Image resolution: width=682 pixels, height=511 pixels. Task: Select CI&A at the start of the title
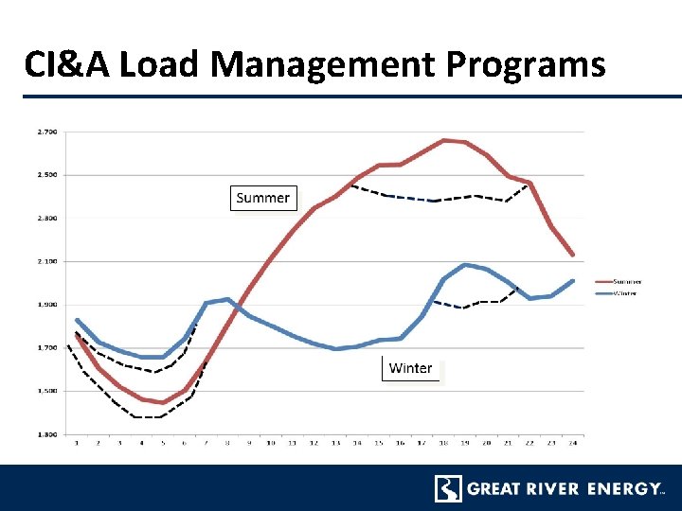[x=68, y=64]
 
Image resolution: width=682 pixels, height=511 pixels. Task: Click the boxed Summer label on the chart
[x=263, y=198]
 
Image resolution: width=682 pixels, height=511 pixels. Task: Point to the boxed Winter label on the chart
[x=411, y=368]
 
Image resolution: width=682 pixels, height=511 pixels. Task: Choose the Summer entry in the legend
[x=626, y=281]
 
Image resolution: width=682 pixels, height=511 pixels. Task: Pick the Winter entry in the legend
[x=626, y=293]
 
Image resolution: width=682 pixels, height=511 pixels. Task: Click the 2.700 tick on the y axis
[x=46, y=132]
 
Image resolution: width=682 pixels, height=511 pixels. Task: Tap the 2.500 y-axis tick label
[x=46, y=175]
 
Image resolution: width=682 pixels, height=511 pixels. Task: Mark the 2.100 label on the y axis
[x=46, y=261]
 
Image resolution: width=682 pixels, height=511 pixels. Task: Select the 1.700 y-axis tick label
[x=46, y=347]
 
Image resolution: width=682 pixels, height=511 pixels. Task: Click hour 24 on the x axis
[x=572, y=443]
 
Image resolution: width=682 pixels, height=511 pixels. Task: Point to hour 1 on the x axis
[x=77, y=443]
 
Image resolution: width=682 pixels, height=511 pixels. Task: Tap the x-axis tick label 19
[x=464, y=443]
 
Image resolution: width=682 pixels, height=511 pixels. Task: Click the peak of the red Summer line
[x=443, y=140]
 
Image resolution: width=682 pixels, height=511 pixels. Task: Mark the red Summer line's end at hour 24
[x=572, y=255]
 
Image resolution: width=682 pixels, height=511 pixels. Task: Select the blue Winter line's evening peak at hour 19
[x=464, y=265]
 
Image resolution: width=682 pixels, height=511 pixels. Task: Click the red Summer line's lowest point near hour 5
[x=163, y=402]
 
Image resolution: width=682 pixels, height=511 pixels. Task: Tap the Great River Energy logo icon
[x=448, y=488]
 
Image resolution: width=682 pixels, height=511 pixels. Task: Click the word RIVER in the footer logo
[x=550, y=489]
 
